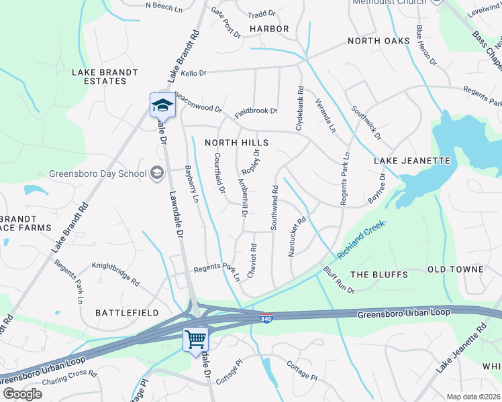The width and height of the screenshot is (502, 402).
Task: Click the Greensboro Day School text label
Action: click(x=97, y=174)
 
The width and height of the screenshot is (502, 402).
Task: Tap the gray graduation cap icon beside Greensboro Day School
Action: click(x=157, y=174)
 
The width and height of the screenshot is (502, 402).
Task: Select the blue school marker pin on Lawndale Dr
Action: click(x=162, y=105)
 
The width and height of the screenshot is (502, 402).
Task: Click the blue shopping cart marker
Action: click(x=195, y=340)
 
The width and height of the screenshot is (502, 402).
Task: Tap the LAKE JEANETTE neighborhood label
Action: click(x=411, y=161)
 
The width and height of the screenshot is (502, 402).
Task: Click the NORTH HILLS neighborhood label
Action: click(x=236, y=143)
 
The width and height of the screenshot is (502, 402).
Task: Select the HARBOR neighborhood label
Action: click(x=269, y=29)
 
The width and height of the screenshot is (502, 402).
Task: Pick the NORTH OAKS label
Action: click(x=379, y=42)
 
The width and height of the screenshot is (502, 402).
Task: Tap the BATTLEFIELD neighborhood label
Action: click(x=127, y=313)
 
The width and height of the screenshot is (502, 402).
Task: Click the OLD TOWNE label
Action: click(x=456, y=269)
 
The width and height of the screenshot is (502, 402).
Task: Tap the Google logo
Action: click(x=22, y=394)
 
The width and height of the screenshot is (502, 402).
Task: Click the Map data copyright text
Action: click(x=474, y=397)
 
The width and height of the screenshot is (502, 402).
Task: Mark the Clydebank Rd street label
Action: click(x=300, y=108)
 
